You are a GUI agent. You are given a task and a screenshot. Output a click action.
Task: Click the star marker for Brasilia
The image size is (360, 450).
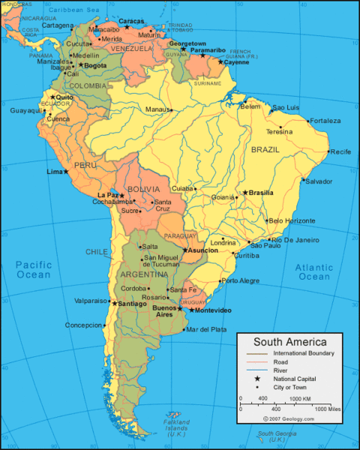pos(244,193)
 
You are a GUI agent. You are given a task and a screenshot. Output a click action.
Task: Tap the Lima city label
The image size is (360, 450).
pos(55,172)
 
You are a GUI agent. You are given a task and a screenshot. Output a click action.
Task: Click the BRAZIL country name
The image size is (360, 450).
pos(265,150)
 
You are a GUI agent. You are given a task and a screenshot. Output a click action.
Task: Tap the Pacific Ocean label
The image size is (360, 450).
pos(33,270)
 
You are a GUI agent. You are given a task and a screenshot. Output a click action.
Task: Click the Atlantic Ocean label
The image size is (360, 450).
pos(313,271)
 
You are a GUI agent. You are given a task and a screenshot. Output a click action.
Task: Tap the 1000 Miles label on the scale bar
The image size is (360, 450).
pos(329,409)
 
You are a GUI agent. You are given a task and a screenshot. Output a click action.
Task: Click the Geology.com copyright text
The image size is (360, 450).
pos(289,418)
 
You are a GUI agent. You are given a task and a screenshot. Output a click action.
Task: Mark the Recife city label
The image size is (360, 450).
pos(340,151)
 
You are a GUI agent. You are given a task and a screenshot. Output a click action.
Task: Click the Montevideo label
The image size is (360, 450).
pos(213,310)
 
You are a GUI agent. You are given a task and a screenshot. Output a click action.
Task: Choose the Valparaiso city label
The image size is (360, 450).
pos(91,300)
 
